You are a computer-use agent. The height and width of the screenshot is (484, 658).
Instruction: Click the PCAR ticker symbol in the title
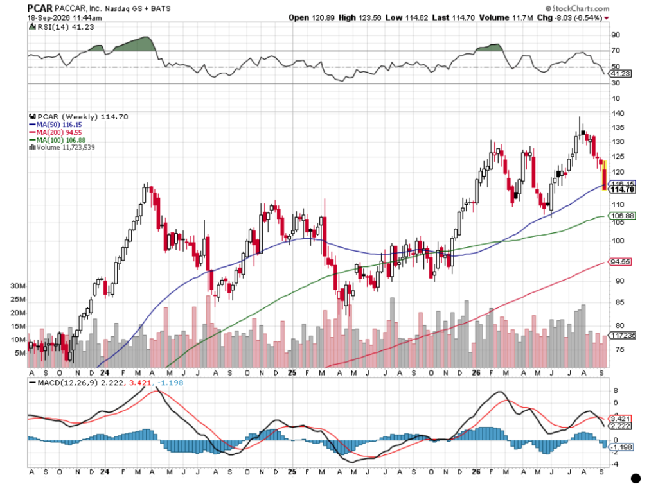coord(40,8)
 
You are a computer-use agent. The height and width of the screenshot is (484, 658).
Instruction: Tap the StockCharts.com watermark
coord(578,8)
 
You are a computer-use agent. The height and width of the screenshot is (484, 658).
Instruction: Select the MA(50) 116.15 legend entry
coord(55,125)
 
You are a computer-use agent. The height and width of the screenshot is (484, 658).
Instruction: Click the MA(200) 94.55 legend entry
coord(55,132)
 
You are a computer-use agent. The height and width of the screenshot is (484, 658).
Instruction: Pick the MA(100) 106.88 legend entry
coord(57,140)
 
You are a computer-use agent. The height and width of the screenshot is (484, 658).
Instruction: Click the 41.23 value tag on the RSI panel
coord(621,74)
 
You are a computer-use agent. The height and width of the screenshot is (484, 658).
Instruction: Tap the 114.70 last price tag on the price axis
coord(622,189)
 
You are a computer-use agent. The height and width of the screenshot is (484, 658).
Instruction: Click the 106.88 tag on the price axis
coord(622,216)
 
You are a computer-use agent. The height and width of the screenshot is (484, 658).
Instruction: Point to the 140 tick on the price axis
coord(618,114)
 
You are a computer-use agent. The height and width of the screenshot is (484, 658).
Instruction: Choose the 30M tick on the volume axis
coord(18,286)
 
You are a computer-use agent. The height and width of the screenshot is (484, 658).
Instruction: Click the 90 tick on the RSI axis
coord(616,35)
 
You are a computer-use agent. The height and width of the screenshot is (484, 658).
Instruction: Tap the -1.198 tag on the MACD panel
coord(621,447)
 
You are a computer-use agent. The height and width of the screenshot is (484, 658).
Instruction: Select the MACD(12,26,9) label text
coord(68,383)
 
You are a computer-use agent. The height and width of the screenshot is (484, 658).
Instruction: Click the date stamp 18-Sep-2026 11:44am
coord(65,17)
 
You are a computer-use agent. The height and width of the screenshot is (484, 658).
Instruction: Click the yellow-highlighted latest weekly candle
coord(605,175)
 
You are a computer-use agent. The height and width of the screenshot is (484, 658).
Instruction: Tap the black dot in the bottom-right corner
coord(636,478)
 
